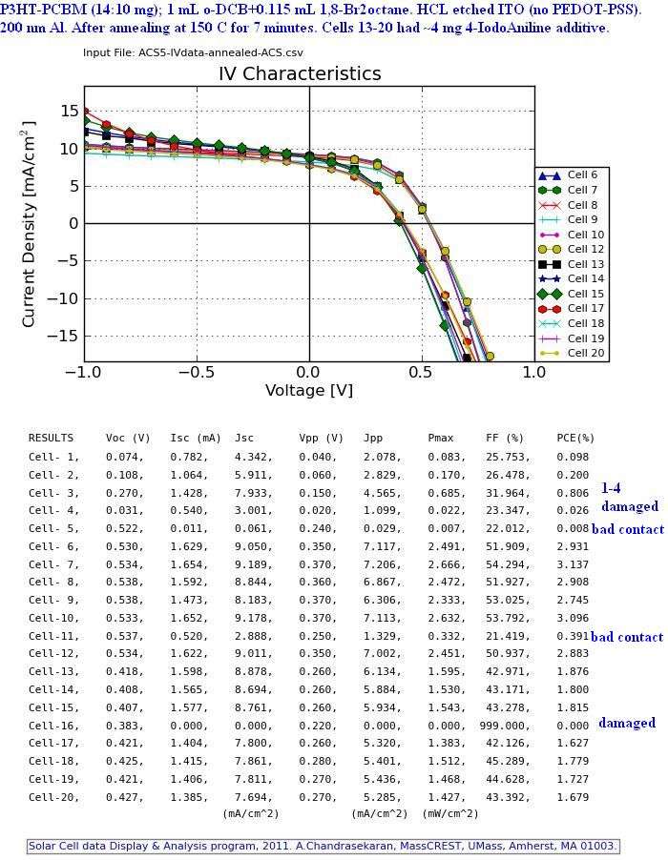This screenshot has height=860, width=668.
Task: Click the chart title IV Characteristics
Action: pyautogui.click(x=300, y=73)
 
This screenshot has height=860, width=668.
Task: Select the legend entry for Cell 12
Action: pyautogui.click(x=585, y=250)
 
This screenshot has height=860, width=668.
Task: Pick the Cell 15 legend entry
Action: pyautogui.click(x=585, y=294)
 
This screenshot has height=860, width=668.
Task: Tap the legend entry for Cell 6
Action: pyautogui.click(x=581, y=175)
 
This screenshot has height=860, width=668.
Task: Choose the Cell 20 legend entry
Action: pyautogui.click(x=585, y=353)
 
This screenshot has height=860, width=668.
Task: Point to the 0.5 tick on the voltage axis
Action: pyautogui.click(x=422, y=372)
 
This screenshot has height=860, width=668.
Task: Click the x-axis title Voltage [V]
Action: pyautogui.click(x=308, y=391)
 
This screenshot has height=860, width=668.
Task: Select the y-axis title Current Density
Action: pyautogui.click(x=30, y=223)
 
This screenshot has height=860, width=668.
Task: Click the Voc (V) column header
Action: pyautogui.click(x=128, y=439)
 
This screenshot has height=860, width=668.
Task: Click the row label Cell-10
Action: pyautogui.click(x=53, y=618)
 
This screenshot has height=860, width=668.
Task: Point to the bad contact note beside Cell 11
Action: pyautogui.click(x=627, y=637)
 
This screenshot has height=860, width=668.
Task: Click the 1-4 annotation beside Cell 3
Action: pyautogui.click(x=611, y=487)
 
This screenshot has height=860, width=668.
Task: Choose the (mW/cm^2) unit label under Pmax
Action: pyautogui.click(x=450, y=814)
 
